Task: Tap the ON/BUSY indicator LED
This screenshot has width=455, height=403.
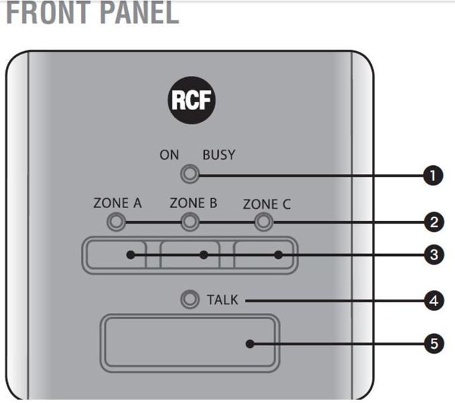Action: tap(190, 175)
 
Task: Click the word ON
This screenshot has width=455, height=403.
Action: tap(169, 155)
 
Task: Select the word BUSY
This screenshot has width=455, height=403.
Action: tap(219, 155)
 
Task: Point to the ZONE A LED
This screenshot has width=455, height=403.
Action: tap(116, 221)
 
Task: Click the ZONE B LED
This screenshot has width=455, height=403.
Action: tap(191, 221)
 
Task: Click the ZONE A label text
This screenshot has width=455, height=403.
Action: tap(117, 203)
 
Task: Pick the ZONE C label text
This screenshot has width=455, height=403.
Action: tap(267, 203)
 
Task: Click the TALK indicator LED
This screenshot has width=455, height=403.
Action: tap(190, 300)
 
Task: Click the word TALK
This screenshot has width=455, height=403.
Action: tap(222, 300)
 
